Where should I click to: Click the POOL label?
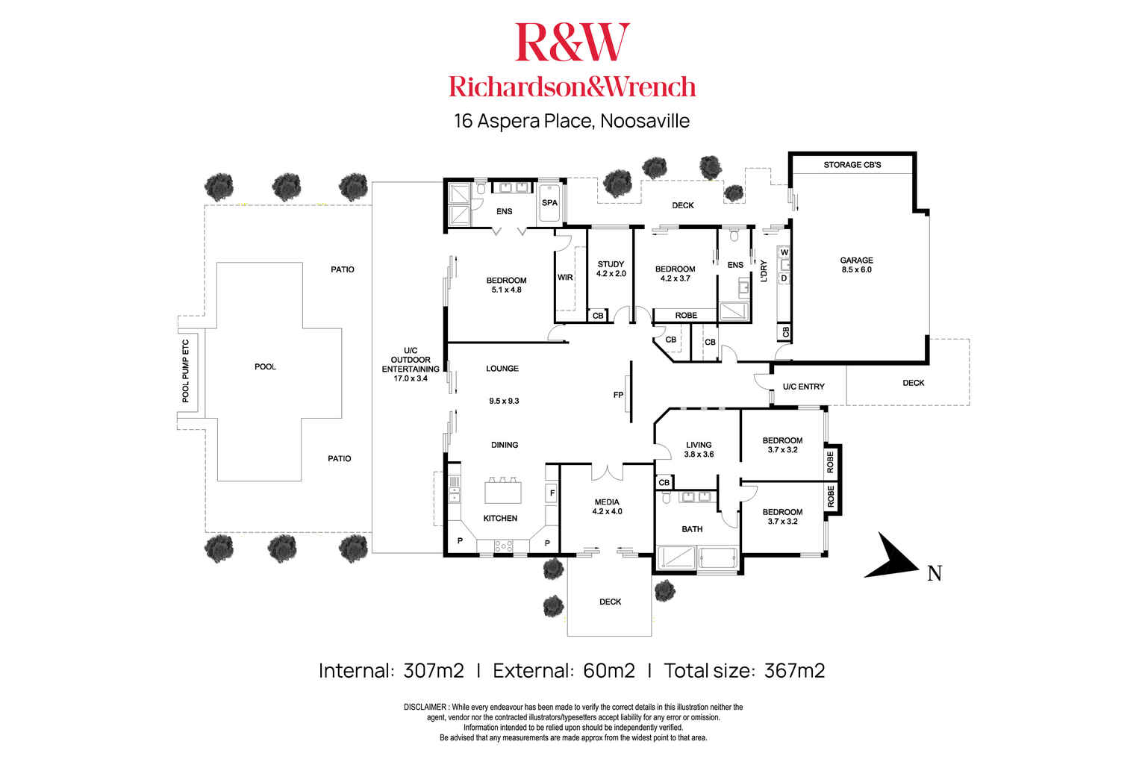[x=265, y=366]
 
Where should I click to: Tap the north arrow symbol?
[x=893, y=558]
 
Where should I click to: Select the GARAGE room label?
[x=856, y=260]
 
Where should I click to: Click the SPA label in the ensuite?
[x=549, y=202]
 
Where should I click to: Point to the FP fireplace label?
[x=618, y=395]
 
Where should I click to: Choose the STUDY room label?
[x=611, y=264]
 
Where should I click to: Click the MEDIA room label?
[x=607, y=502]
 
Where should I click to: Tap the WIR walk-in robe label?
[x=565, y=278]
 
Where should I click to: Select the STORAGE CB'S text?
[x=852, y=164]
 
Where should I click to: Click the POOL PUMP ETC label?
[x=187, y=371]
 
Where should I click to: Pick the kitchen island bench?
[x=503, y=493]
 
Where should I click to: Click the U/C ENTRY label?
[x=803, y=387]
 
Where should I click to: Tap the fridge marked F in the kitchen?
[x=552, y=493]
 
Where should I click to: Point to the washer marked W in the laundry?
[x=784, y=253]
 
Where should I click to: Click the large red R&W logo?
[x=572, y=43]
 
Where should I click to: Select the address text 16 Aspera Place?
[x=523, y=121]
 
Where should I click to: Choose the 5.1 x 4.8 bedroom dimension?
[x=506, y=290]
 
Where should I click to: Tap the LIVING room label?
[x=699, y=445]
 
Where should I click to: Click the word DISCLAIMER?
[x=425, y=707]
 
